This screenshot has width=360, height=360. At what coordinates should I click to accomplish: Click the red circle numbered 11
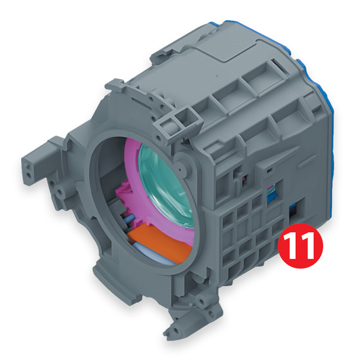tap(300, 246)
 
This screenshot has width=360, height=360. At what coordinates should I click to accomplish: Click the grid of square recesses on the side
tap(250, 232)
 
